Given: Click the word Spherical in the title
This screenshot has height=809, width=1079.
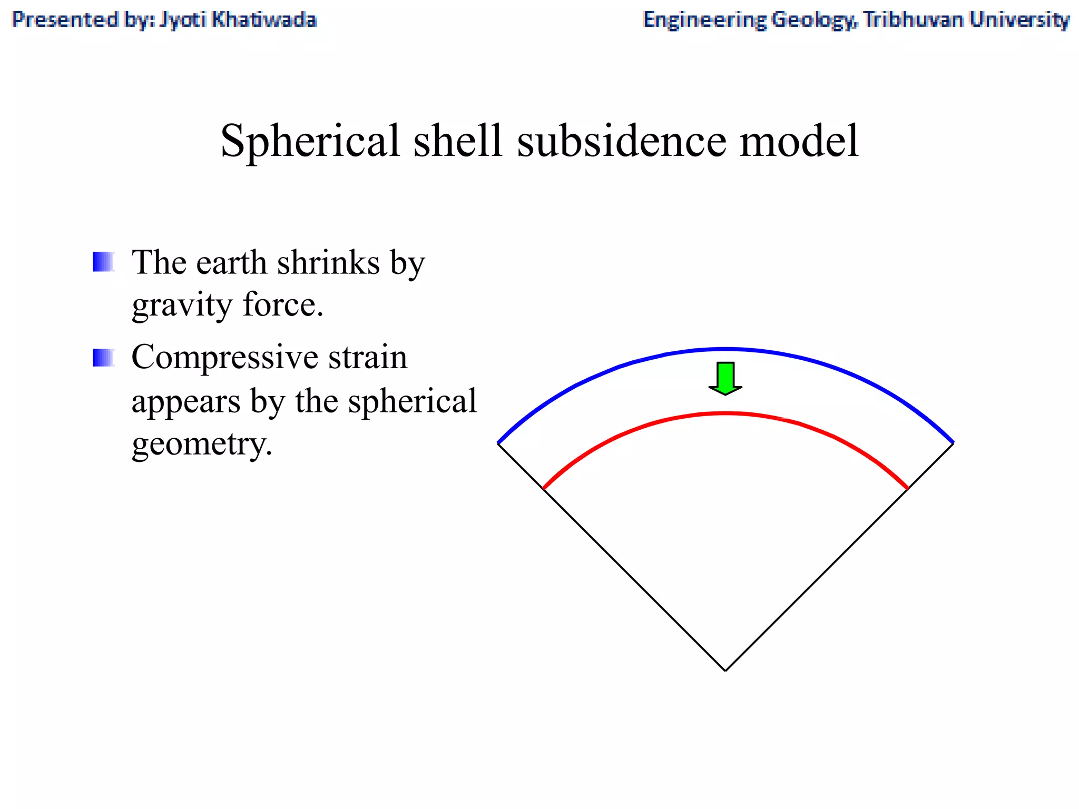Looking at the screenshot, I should pos(310,141).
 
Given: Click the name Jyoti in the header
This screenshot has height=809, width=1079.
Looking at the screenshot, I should pos(182,20).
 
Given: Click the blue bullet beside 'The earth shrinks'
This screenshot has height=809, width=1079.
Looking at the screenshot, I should pos(103,262).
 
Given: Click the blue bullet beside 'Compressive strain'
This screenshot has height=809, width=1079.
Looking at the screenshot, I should pos(103,358).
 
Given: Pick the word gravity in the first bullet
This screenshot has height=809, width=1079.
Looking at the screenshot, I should pos(181,305).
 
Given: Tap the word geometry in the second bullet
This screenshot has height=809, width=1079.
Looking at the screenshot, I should pos(202,444).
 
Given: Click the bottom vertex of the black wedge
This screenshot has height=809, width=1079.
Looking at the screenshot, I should pos(725,670).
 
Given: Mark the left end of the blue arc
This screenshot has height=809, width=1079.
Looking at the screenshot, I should pos(499,443).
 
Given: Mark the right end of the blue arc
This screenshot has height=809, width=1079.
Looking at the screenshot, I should pos(953,443).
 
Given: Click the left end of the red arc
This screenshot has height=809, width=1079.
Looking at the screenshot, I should pos(544,488).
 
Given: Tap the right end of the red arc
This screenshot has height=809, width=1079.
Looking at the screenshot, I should pos(907,488).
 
